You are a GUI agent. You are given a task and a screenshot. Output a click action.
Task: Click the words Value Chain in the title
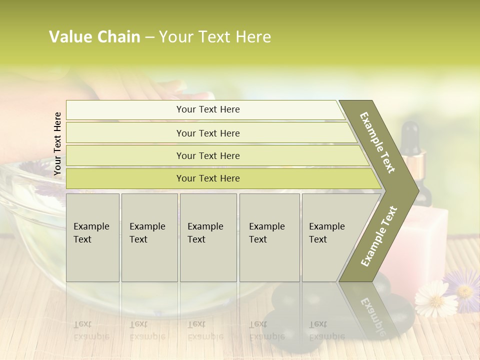coord(94,37)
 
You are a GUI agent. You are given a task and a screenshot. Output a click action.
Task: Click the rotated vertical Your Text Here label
coord(57,143)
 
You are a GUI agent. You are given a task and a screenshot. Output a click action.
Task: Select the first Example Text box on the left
coord(92,237)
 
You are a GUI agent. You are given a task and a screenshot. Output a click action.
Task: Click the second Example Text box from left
coord(149,237)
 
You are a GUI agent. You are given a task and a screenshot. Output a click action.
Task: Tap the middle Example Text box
coord(208,237)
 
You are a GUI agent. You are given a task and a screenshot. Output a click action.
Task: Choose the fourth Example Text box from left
coord(269,237)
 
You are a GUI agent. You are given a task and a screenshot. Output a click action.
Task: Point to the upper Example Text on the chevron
coord(378,143)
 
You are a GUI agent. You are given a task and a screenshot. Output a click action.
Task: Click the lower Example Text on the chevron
coord(379,236)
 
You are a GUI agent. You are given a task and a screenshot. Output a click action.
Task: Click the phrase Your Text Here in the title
coord(215,37)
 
